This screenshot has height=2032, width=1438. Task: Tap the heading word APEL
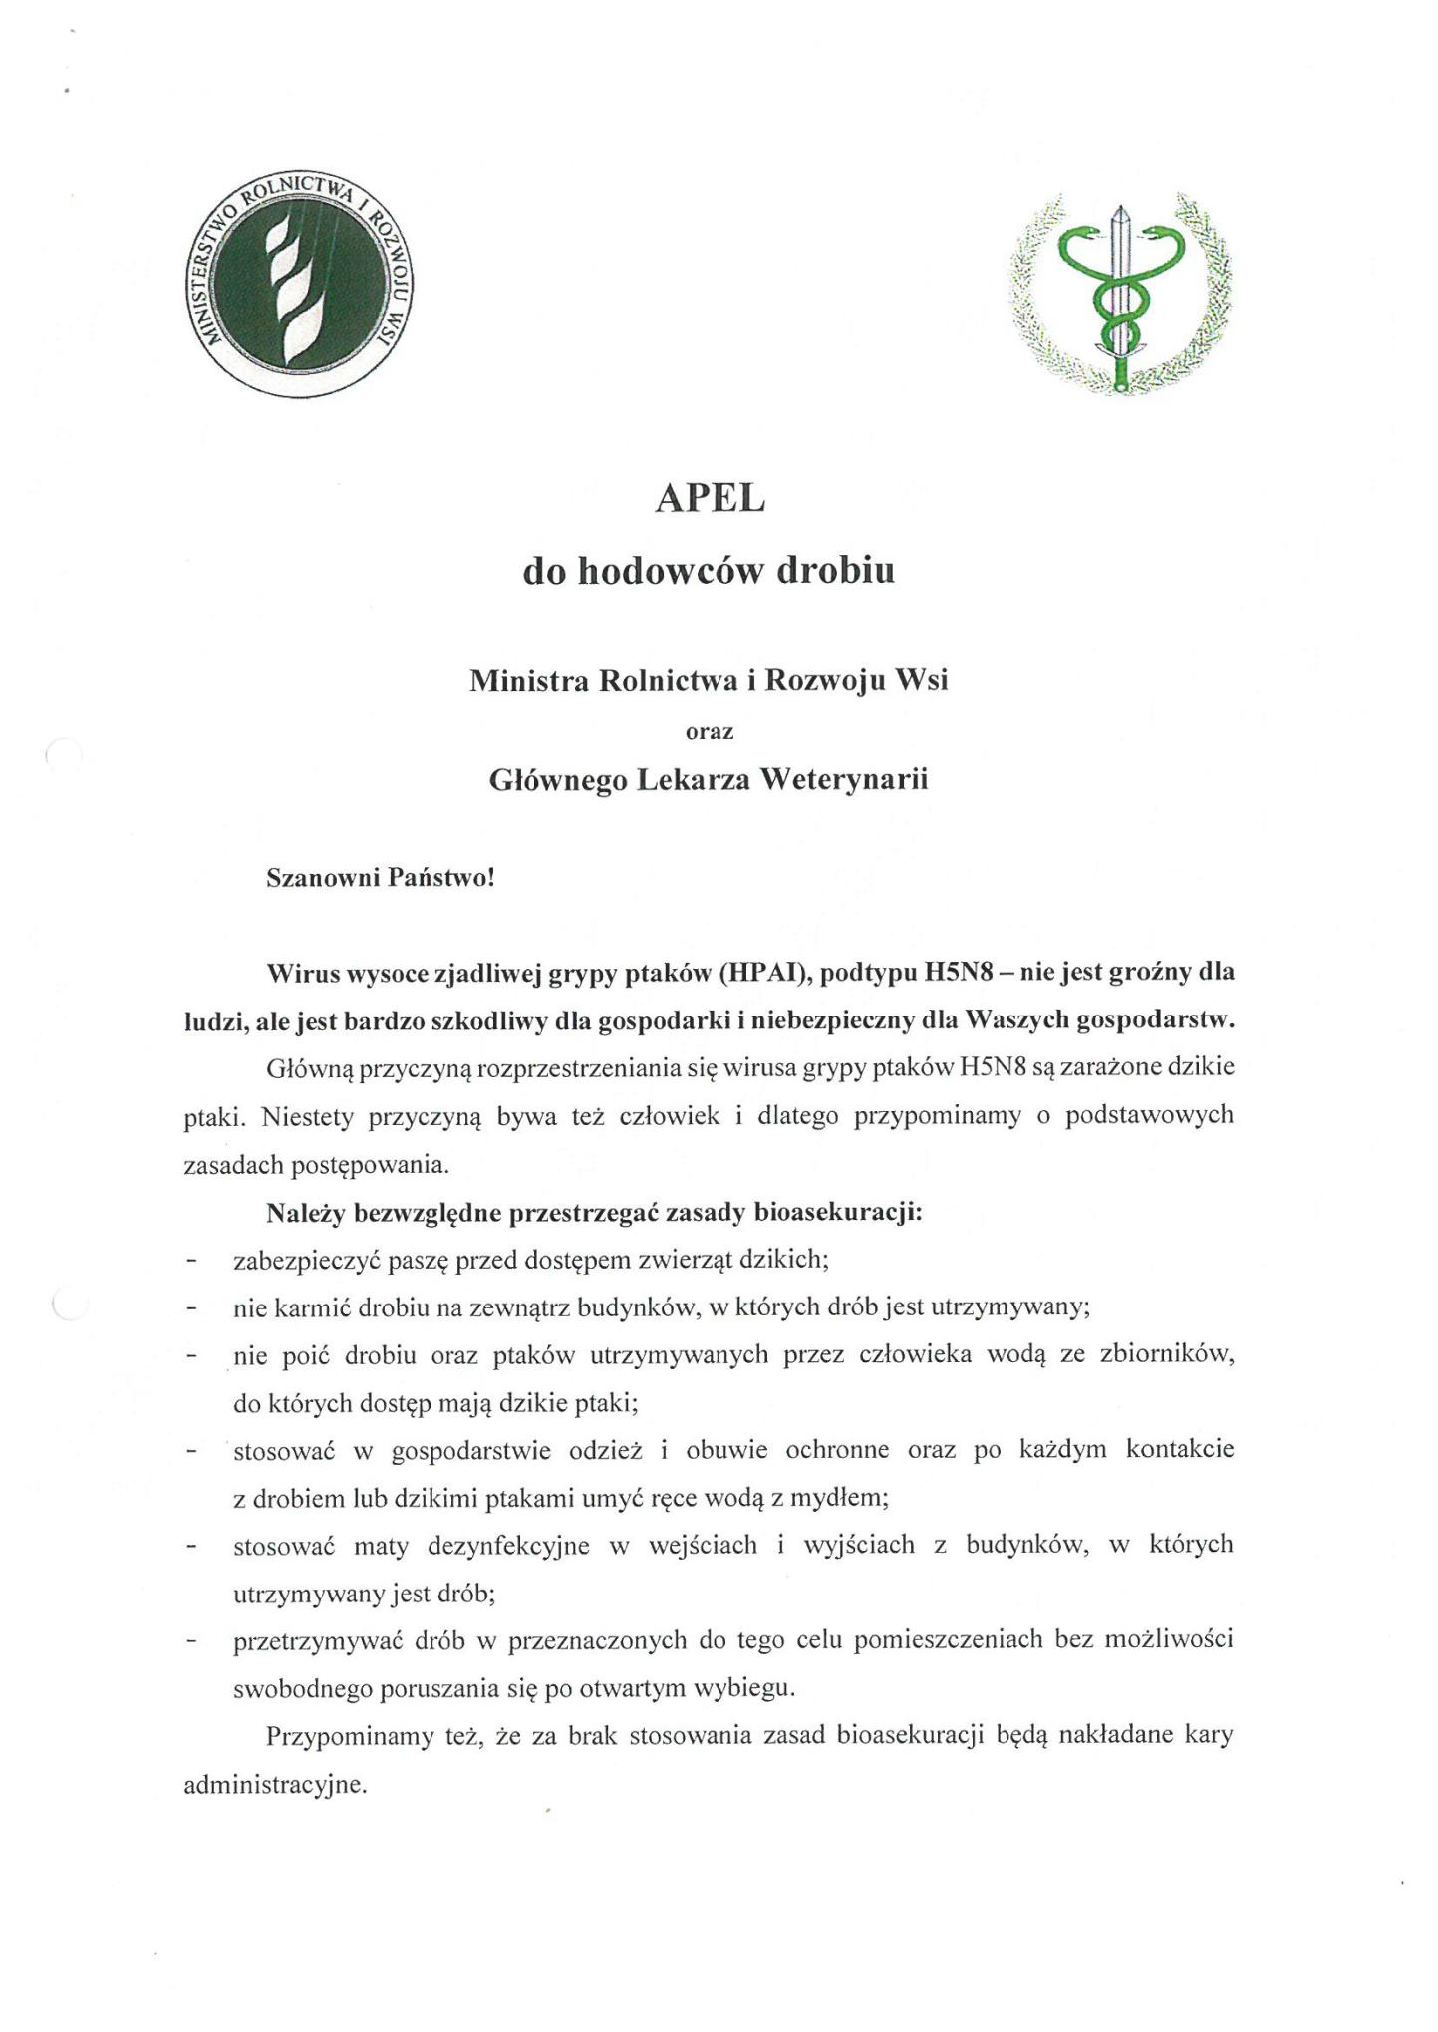pos(710,499)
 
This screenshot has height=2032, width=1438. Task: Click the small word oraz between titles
pos(710,732)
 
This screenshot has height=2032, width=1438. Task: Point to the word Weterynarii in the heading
pos(843,779)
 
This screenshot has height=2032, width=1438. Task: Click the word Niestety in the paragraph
pos(307,1116)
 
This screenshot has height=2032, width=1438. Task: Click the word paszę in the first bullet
pos(419,1261)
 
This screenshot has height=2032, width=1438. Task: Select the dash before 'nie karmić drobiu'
pos(190,1308)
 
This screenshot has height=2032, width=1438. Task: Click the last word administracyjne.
pos(275,1785)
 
